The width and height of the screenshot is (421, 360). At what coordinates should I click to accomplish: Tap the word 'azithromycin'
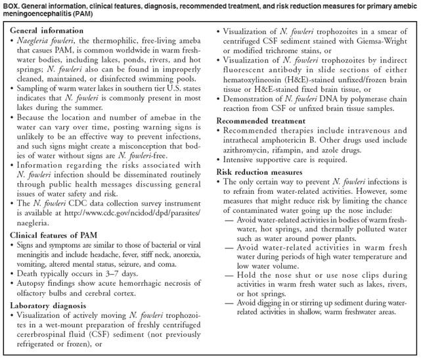tap(241, 158)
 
